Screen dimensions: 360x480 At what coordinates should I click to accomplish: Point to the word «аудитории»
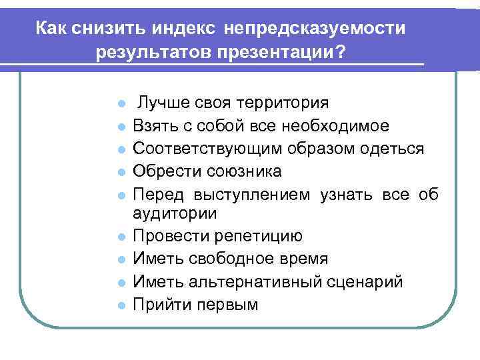coord(175,213)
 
